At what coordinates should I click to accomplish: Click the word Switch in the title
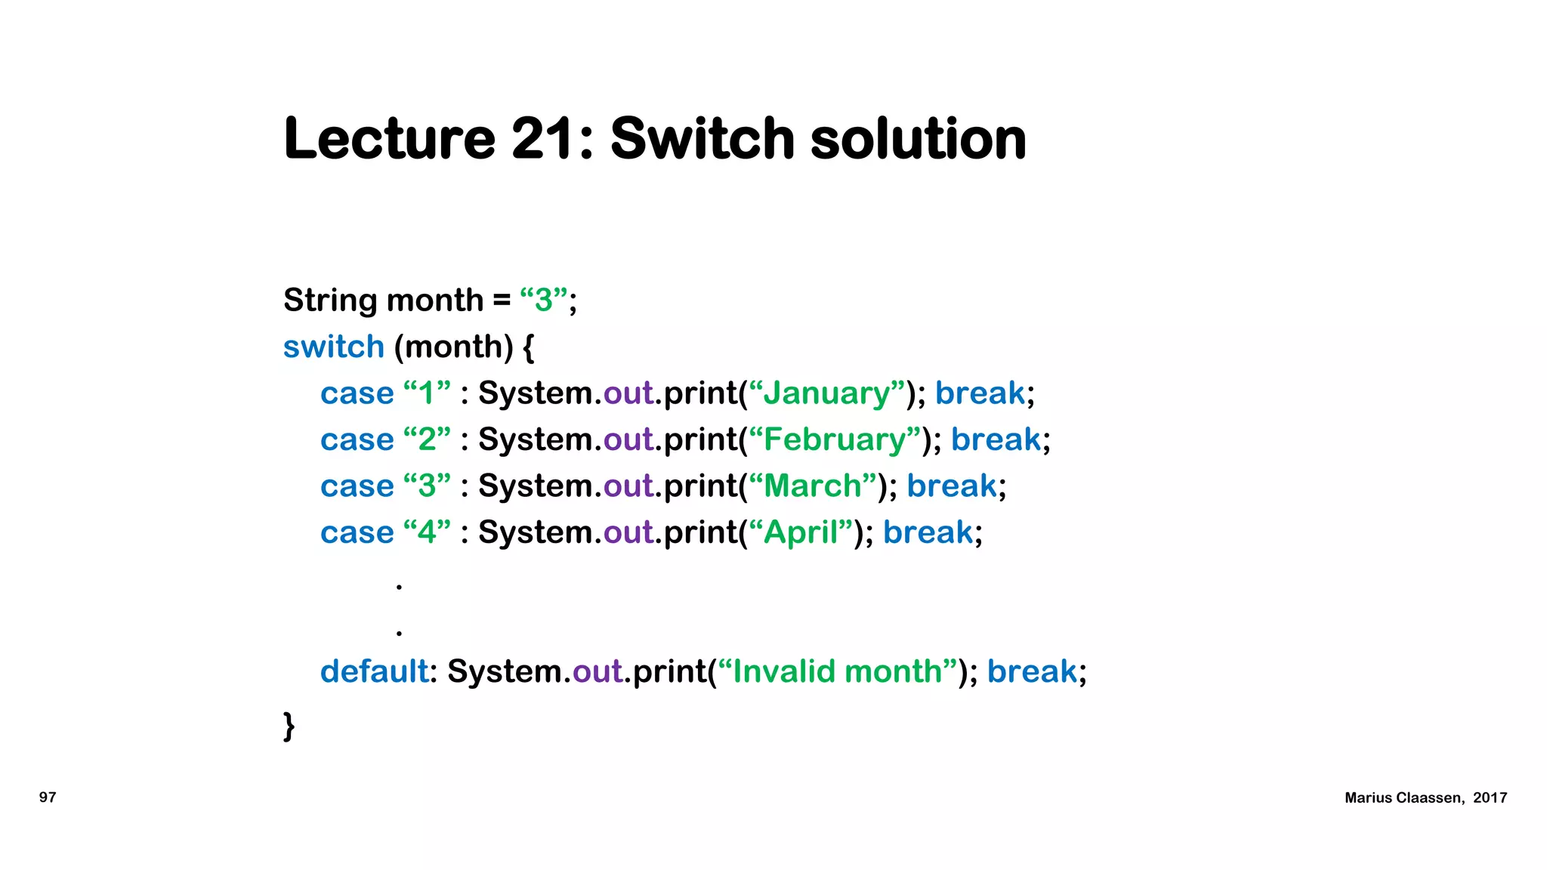coord(702,139)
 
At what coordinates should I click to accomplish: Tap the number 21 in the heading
coord(543,139)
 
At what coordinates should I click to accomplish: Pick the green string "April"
coord(801,532)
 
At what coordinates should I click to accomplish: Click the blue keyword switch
coord(334,347)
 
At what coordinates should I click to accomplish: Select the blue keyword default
coord(374,671)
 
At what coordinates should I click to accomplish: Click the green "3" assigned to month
coord(544,301)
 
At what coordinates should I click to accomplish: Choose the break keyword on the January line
coord(980,393)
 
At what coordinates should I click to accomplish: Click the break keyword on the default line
coord(1032,671)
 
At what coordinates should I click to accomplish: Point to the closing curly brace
coord(289,726)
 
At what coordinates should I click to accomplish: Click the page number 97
coord(48,797)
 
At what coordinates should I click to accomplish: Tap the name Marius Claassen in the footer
coord(1403,798)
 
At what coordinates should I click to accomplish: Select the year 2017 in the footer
coord(1490,798)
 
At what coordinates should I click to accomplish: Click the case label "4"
coord(427,532)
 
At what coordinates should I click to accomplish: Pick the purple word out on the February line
coord(628,440)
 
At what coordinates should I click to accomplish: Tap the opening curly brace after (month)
coord(528,347)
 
